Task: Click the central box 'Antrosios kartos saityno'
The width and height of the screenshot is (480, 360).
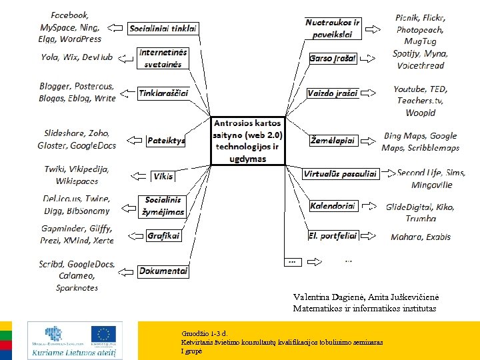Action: pyautogui.click(x=248, y=141)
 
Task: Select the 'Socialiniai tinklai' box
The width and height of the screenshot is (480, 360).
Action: pyautogui.click(x=163, y=29)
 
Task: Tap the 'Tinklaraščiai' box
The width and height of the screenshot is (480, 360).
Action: pyautogui.click(x=163, y=93)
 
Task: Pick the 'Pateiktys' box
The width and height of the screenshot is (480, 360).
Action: pyautogui.click(x=166, y=141)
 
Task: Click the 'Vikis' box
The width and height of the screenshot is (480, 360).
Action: pyautogui.click(x=163, y=176)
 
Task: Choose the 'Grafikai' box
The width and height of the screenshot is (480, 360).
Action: pyautogui.click(x=164, y=235)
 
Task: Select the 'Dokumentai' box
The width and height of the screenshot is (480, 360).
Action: pyautogui.click(x=163, y=271)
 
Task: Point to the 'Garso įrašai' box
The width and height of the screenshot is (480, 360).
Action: pyautogui.click(x=333, y=59)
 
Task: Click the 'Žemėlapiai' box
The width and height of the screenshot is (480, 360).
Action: pyautogui.click(x=333, y=141)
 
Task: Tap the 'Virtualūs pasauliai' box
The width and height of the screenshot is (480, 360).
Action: pyautogui.click(x=340, y=174)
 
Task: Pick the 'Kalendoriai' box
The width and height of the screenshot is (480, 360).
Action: pyautogui.click(x=333, y=206)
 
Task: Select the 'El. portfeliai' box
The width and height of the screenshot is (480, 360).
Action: pyautogui.click(x=333, y=235)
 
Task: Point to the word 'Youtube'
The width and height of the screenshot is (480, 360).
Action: pyautogui.click(x=409, y=89)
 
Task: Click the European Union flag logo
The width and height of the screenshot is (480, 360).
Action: pyautogui.click(x=103, y=335)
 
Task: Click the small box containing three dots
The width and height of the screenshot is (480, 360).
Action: pyautogui.click(x=291, y=261)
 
